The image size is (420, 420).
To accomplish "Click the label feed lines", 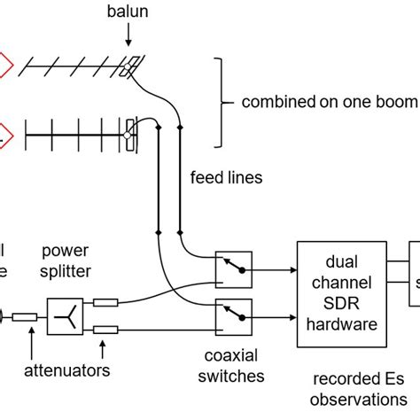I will point(227,177).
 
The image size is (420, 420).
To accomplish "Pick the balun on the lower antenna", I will point(131,133).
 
